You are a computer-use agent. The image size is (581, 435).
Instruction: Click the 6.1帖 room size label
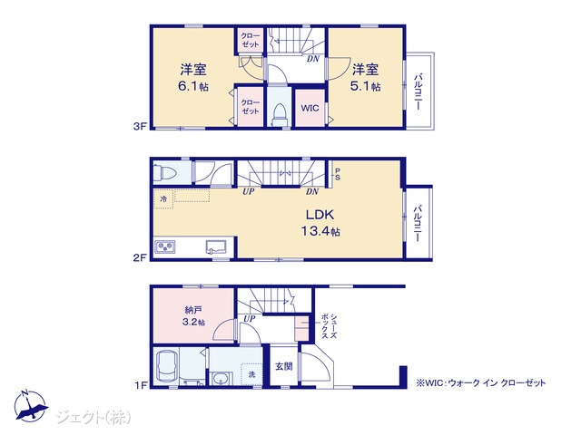point(193,87)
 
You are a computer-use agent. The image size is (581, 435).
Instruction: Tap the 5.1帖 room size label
point(365,87)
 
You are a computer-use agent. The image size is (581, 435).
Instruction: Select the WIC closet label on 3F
point(310,108)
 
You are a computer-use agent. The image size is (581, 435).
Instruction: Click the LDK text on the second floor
point(320,215)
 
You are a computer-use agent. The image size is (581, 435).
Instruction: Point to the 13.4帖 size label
point(320,232)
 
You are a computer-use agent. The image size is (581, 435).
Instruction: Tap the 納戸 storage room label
point(193,310)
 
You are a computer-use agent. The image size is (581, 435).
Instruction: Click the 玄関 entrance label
point(284,366)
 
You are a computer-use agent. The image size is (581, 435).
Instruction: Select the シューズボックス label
point(329,326)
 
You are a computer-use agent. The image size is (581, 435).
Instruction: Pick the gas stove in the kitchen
point(165,246)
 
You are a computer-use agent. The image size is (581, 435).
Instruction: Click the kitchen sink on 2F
point(216,246)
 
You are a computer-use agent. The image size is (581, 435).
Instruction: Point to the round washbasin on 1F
point(222,379)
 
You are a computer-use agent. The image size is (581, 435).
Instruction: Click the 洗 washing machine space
point(252,374)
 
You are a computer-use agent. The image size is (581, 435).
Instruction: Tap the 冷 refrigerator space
point(163,199)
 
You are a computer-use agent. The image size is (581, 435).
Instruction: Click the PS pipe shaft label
point(337,174)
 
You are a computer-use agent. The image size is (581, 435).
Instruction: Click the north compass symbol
point(30,407)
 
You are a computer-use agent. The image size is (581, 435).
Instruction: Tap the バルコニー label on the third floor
point(419,92)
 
